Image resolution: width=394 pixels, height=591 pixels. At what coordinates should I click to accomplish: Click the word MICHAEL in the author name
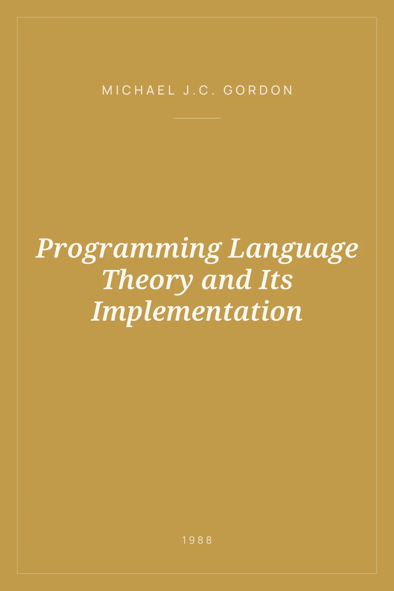(138, 90)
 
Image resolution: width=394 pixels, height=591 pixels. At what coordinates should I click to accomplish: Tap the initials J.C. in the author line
(199, 90)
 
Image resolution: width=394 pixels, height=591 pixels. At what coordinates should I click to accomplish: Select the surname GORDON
(258, 90)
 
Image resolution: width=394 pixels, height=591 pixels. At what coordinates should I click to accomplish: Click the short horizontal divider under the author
(197, 118)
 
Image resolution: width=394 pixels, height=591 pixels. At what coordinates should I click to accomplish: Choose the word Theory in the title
(147, 281)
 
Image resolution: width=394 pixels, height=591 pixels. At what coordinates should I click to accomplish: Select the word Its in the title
(276, 280)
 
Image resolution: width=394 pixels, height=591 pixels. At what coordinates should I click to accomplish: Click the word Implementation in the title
(197, 312)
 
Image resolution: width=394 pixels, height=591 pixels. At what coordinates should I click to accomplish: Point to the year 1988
(197, 540)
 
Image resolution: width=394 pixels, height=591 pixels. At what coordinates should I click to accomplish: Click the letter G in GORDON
(228, 90)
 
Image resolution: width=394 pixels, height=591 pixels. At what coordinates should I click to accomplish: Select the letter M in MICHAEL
(107, 90)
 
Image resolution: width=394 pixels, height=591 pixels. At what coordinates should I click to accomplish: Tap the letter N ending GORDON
(289, 90)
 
